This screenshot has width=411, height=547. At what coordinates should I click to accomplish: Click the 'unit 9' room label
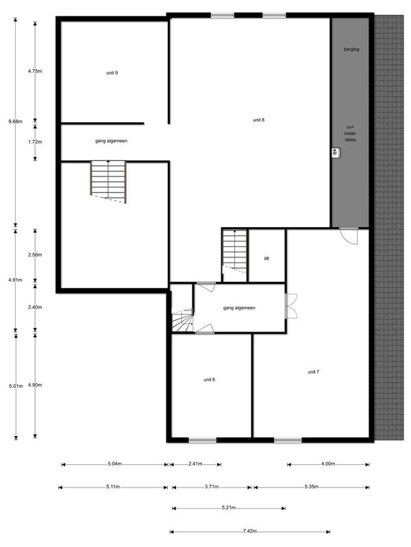coord(112,72)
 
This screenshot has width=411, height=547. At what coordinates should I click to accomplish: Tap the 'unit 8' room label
coord(259,120)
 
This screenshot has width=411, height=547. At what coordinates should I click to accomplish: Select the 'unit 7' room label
coord(313,372)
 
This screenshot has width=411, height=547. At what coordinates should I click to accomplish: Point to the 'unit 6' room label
coord(210,379)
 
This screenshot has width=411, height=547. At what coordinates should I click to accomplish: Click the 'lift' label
coord(266,258)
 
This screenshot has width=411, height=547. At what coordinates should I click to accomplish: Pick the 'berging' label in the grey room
coord(351,49)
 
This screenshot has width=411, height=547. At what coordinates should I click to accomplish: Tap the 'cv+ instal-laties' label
coord(350,133)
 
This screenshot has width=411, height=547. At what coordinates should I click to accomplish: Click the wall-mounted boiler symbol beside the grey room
coord(336,152)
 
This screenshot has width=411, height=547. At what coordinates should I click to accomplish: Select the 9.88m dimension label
coord(15,122)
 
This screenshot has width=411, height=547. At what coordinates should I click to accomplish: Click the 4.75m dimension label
coord(35,71)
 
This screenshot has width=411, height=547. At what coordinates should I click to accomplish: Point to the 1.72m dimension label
coord(35,142)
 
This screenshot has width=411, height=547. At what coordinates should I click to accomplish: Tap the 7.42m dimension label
coord(250,531)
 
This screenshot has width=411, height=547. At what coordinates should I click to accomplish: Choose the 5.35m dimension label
coord(312,486)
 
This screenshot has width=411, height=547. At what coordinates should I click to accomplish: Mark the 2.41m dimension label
coord(195,464)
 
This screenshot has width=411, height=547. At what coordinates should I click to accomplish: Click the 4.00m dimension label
coord(328,464)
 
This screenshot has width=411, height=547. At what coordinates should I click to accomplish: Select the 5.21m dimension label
coord(229,507)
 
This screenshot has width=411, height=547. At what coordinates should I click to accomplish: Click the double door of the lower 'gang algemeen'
coord(290,306)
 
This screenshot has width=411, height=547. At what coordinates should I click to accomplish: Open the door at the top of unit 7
coord(349,236)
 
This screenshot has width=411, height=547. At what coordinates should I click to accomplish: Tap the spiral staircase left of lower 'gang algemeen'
coord(182,320)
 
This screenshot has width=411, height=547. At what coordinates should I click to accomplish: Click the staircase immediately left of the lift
coord(234,251)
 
